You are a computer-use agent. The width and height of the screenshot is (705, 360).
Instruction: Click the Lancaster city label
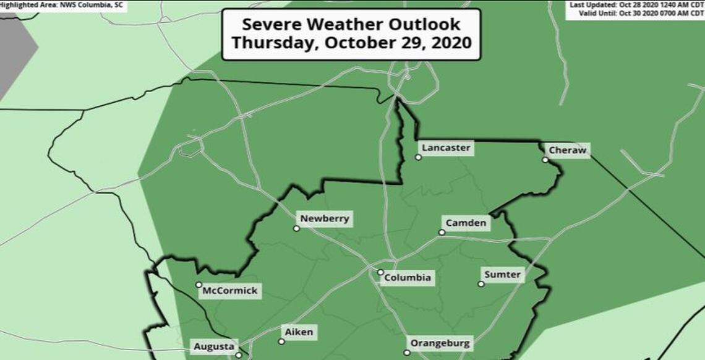(446, 148)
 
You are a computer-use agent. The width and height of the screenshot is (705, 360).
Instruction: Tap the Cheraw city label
(567, 150)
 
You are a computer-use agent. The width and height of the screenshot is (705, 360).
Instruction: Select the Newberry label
(325, 218)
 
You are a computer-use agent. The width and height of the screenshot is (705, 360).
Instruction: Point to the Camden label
(466, 223)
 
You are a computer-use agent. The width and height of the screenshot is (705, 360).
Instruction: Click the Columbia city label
(408, 277)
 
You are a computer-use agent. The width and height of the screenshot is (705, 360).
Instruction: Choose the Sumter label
(503, 274)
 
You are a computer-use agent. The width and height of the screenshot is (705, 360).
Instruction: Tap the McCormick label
(229, 291)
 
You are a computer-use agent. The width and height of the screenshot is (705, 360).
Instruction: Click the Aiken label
(299, 332)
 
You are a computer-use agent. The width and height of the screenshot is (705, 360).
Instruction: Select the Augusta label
(214, 346)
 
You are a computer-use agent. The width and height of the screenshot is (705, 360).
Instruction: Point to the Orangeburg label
(440, 343)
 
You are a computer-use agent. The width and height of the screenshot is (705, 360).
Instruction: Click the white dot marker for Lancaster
(418, 157)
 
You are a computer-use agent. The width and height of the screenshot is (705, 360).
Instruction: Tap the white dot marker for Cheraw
(545, 160)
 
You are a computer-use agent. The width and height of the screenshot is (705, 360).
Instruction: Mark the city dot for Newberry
(296, 228)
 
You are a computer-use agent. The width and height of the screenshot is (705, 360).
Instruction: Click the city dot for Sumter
(481, 284)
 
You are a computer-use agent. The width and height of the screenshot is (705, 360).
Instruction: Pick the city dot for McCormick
(199, 285)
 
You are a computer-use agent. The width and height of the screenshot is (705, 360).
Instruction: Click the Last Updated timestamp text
(636, 5)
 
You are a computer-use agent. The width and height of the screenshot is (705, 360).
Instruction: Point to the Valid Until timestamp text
(636, 14)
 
